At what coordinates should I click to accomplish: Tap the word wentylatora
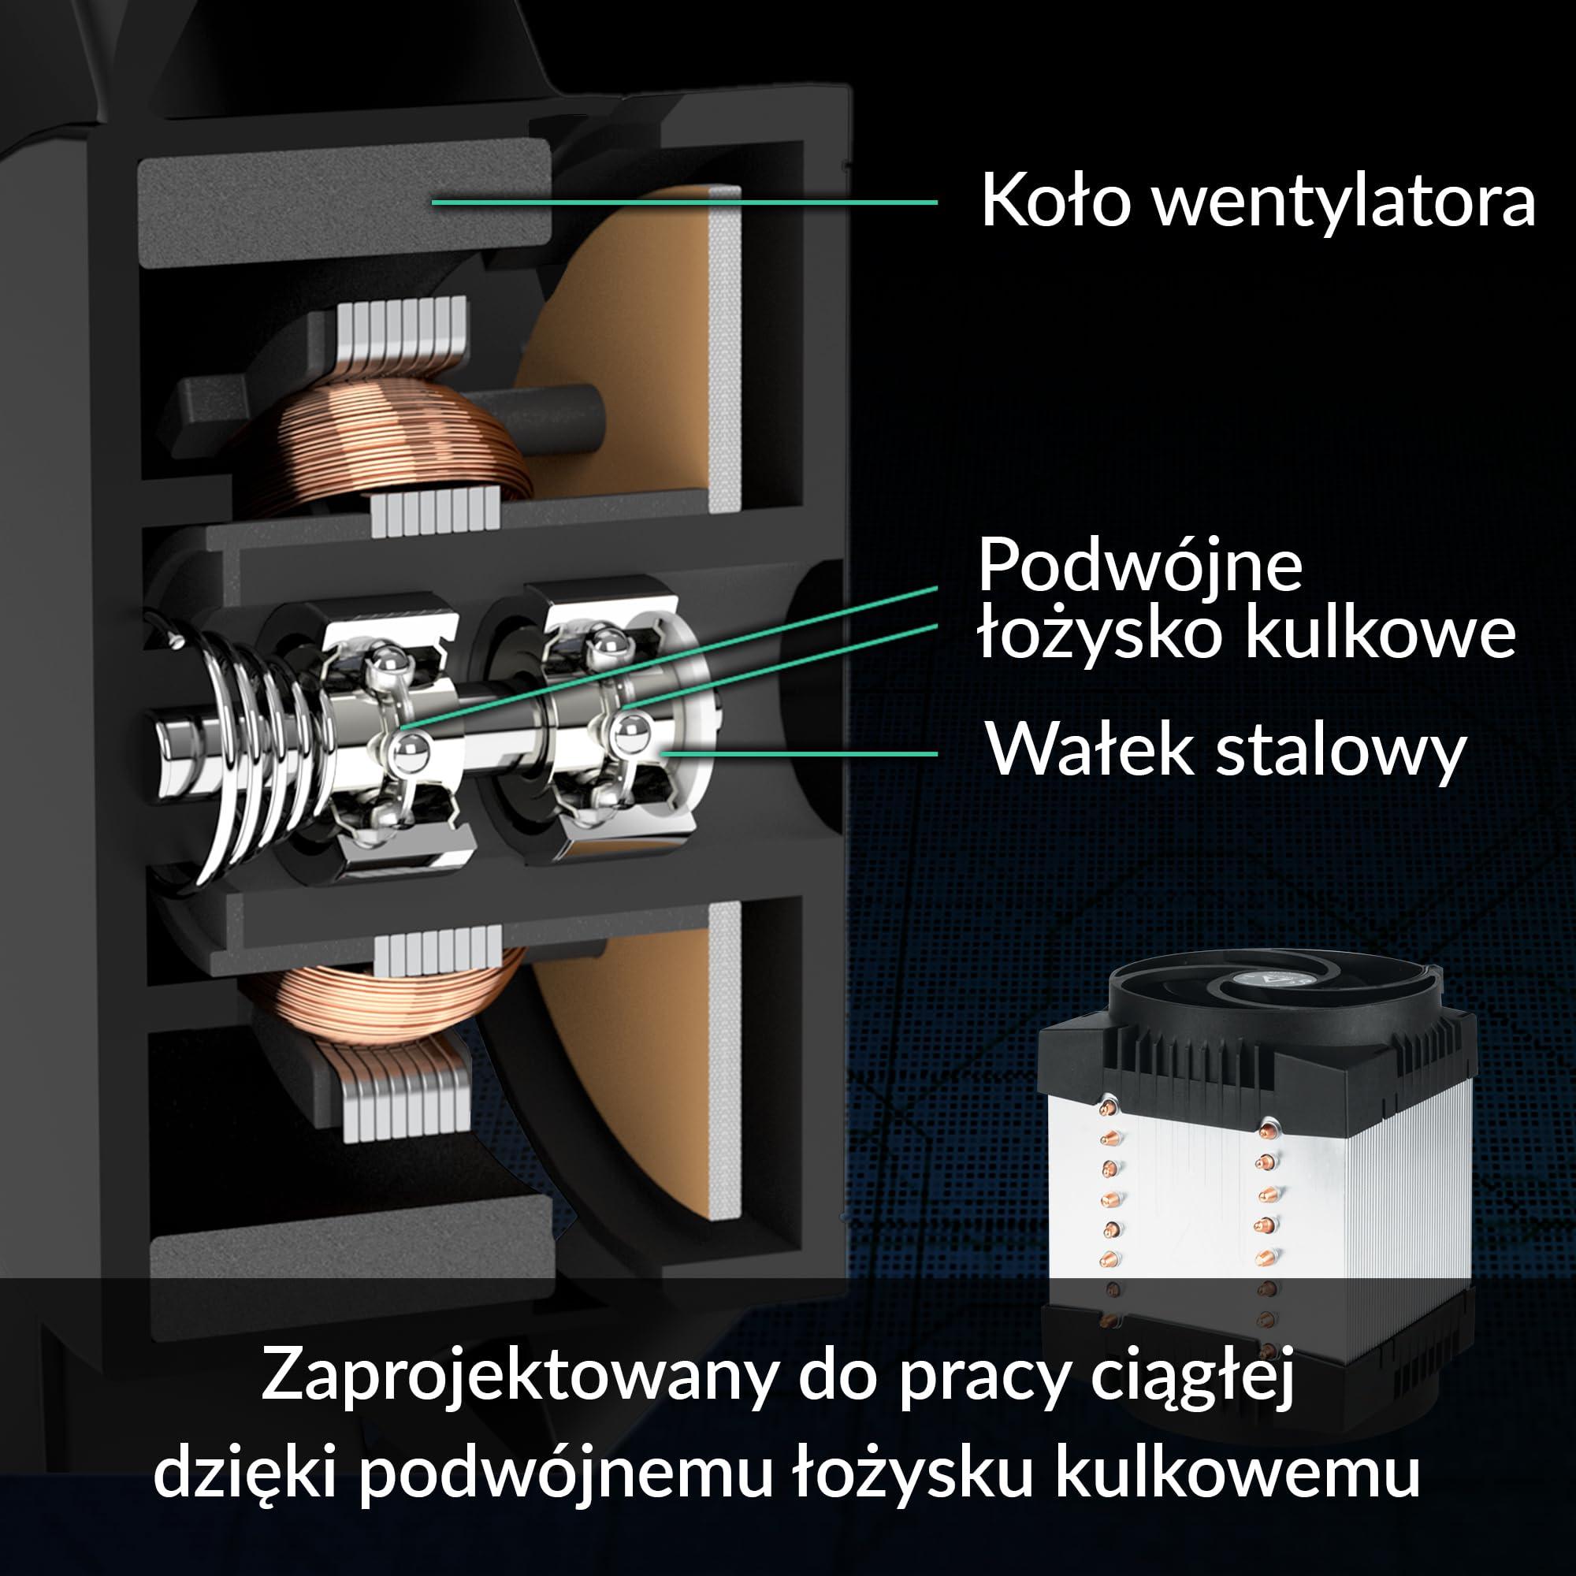pyautogui.click(x=1345, y=200)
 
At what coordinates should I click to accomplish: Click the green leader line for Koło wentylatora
pyautogui.click(x=686, y=202)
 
